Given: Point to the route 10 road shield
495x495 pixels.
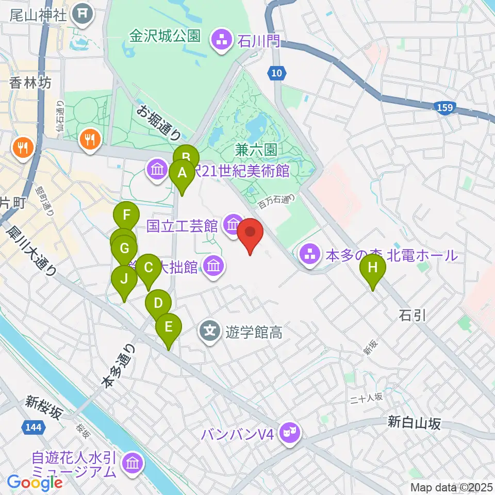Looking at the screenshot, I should coord(277,74).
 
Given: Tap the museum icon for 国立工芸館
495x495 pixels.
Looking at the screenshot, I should coord(233,224).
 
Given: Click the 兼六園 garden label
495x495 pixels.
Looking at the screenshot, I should coord(256,151).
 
